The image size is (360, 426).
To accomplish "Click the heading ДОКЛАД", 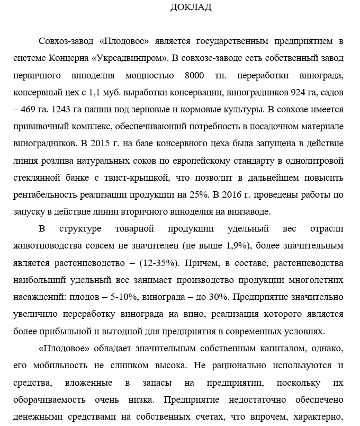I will (x=191, y=7).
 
